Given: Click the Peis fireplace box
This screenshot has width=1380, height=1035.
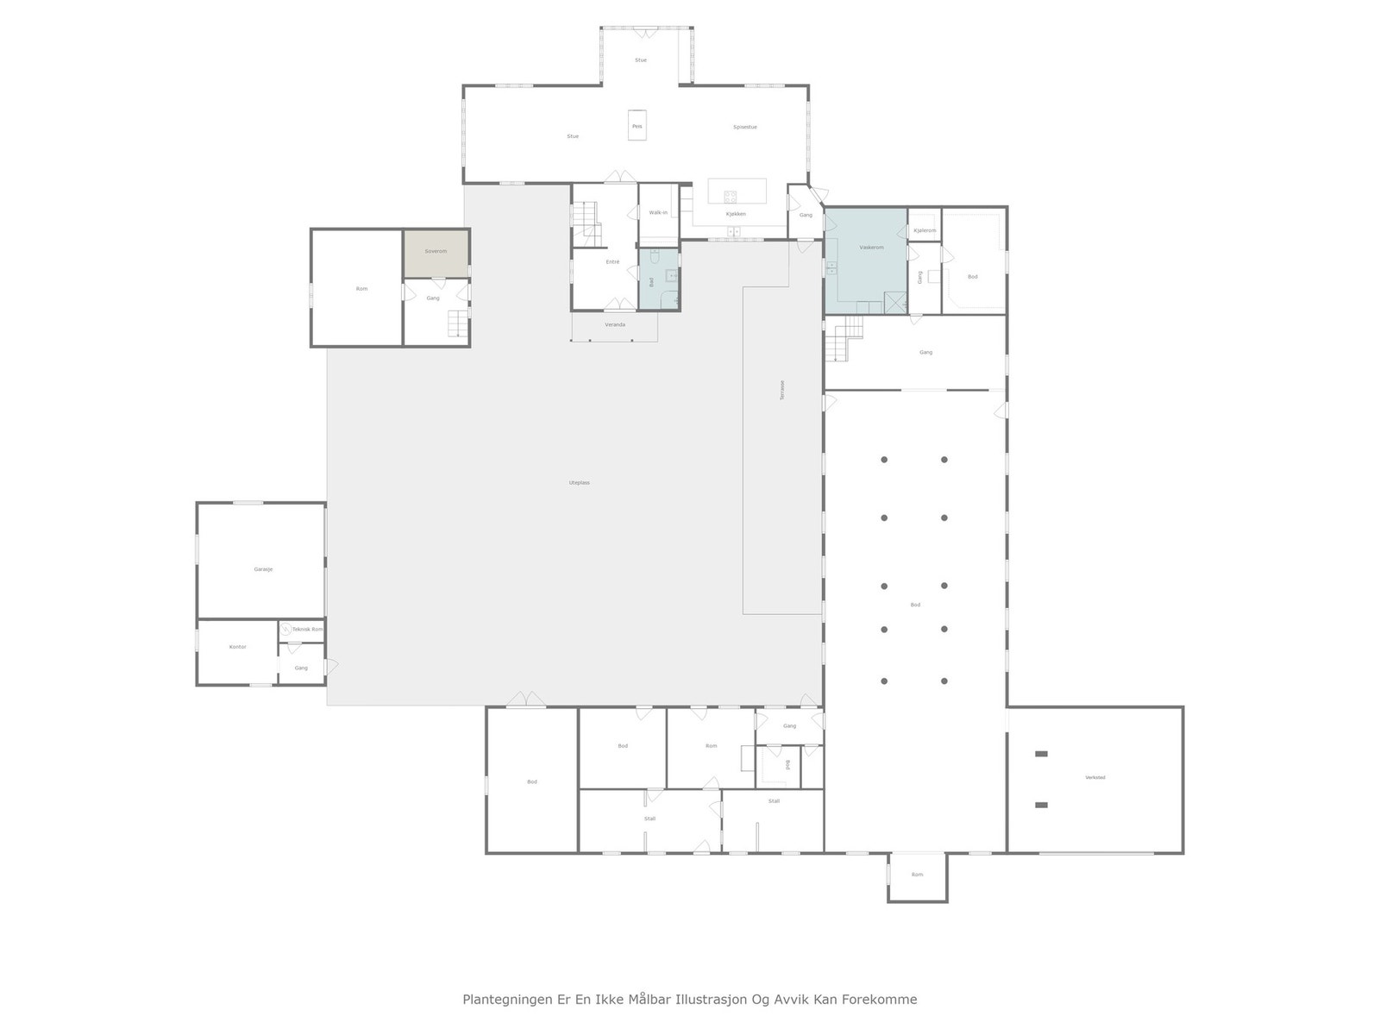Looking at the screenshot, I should (x=637, y=125).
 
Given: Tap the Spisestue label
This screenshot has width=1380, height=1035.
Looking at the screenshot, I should (x=744, y=127).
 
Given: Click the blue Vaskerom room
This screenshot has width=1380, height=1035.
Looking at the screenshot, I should (x=865, y=259).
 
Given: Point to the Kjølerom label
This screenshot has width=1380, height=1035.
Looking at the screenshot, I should (x=925, y=230).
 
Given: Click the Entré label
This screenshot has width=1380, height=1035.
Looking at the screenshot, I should (x=612, y=261).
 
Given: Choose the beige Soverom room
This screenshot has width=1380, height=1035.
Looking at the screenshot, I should (x=436, y=253).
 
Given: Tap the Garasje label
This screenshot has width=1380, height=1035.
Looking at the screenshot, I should (x=263, y=569).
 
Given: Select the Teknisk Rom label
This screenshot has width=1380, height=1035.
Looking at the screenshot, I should (x=307, y=629).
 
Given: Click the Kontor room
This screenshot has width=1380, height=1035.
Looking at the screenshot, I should (x=237, y=651).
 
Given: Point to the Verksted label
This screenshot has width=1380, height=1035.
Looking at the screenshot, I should (x=1095, y=777).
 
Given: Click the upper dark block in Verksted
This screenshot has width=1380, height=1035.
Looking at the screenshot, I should (x=1041, y=754).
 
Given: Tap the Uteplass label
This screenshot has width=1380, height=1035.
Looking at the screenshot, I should (x=579, y=483).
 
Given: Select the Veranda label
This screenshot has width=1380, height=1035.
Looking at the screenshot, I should (x=615, y=324).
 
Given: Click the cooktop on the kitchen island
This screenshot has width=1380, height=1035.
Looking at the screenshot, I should (x=731, y=195).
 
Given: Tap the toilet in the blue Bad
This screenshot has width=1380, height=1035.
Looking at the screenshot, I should (x=655, y=256).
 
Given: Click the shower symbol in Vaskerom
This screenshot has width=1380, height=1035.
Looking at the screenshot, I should (x=894, y=302).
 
